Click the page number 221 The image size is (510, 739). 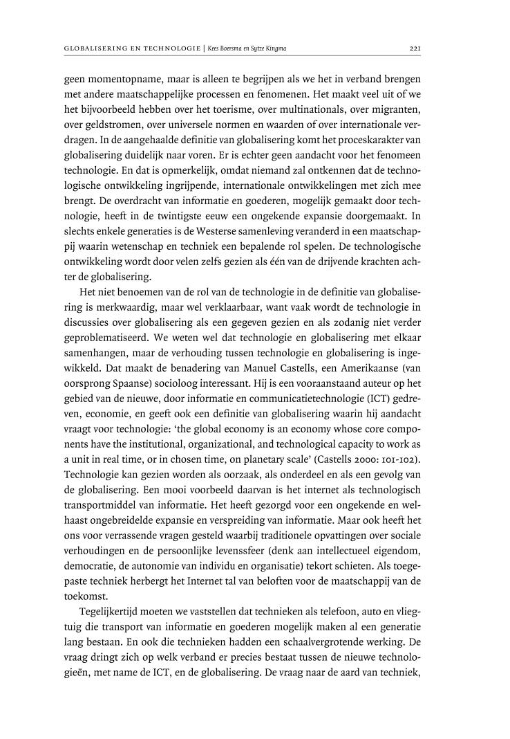click(414, 48)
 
